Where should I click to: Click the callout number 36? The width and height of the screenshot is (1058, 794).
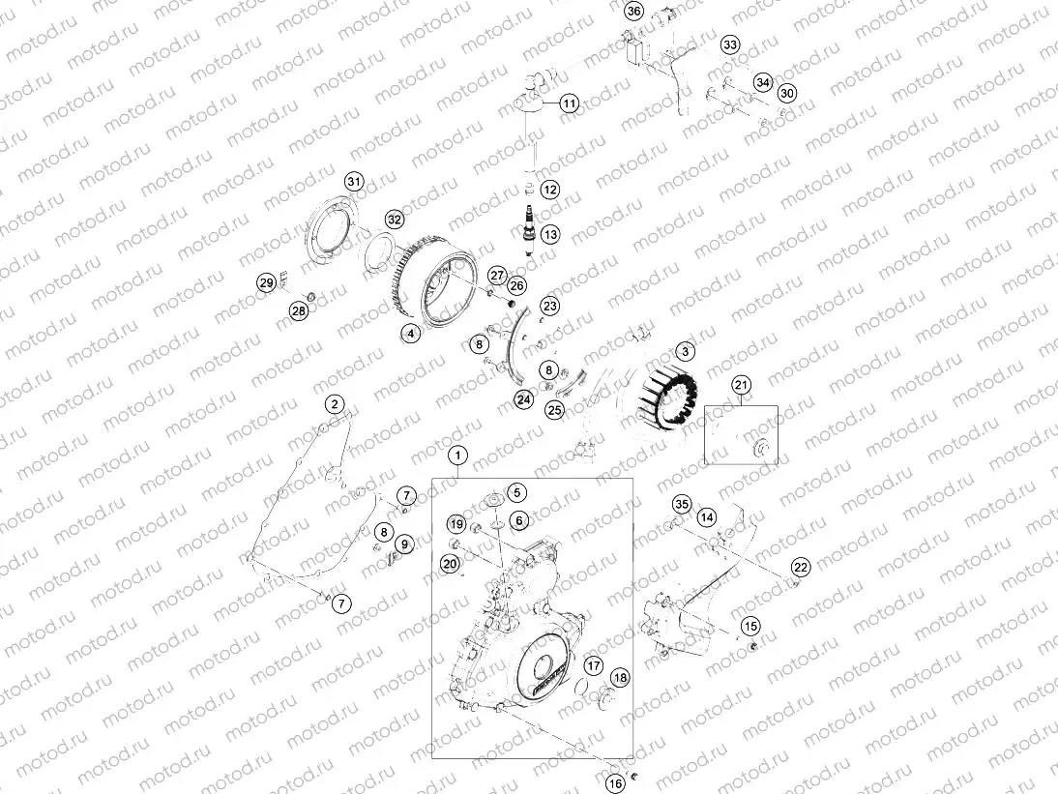click(633, 12)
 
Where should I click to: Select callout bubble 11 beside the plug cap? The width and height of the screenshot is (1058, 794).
click(569, 103)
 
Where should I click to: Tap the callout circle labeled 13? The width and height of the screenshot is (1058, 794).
click(550, 234)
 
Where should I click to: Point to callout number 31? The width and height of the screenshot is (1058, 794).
click(354, 183)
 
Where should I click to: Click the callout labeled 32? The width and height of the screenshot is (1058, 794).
click(394, 220)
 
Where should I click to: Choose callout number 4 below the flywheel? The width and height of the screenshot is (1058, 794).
click(411, 333)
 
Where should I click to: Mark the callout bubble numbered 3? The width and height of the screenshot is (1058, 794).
click(685, 352)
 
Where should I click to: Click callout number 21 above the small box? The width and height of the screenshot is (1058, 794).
click(741, 386)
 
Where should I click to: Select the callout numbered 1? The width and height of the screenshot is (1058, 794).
click(458, 454)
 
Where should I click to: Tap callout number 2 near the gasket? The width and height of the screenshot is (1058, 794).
click(334, 404)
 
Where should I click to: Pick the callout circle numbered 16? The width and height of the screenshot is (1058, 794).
click(615, 783)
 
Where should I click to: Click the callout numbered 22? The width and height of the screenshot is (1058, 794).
click(800, 567)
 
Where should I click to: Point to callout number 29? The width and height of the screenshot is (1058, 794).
click(266, 282)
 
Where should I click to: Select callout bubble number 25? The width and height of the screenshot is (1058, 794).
click(554, 409)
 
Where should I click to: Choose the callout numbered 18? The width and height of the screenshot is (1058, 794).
click(620, 678)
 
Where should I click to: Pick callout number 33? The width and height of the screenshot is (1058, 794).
click(729, 45)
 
